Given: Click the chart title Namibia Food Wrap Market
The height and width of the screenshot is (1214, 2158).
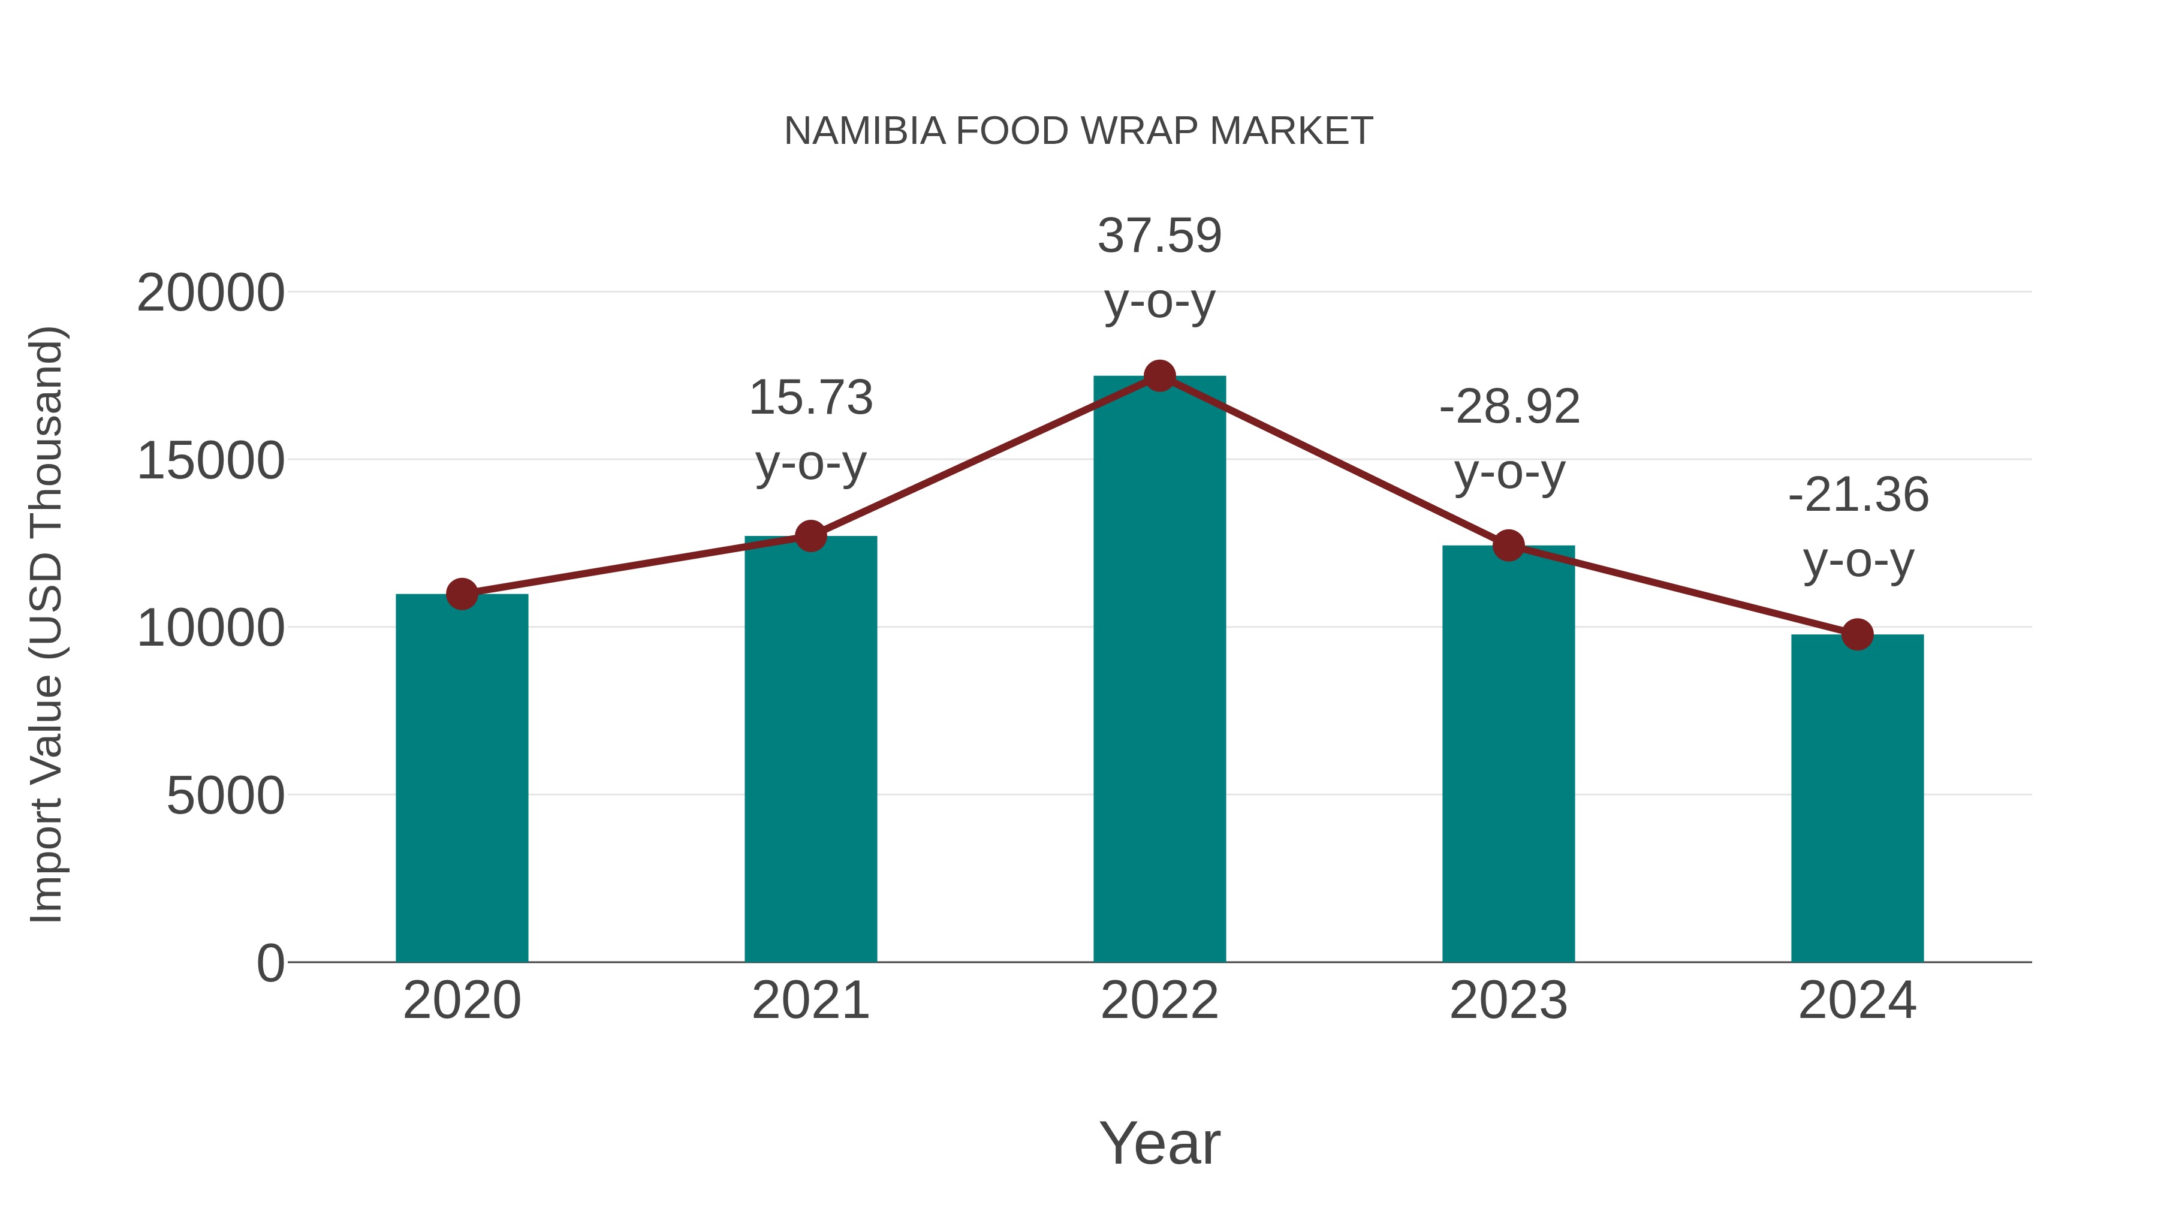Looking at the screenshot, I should (1078, 131).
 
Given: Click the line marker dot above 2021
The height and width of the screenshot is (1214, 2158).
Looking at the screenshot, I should (810, 535).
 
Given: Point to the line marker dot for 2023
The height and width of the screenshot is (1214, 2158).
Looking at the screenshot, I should (1508, 546).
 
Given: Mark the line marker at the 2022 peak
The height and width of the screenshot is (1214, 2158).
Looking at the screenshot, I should (1159, 376).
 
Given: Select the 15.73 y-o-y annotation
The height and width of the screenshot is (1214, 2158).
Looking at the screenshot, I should (810, 429).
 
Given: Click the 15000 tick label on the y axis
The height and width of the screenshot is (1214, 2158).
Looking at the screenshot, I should (210, 461).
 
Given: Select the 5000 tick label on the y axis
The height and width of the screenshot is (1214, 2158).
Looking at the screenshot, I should (225, 796).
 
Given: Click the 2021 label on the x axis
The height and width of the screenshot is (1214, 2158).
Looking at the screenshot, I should (810, 1001).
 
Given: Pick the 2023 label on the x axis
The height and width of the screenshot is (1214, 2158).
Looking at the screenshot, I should (1508, 1001).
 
